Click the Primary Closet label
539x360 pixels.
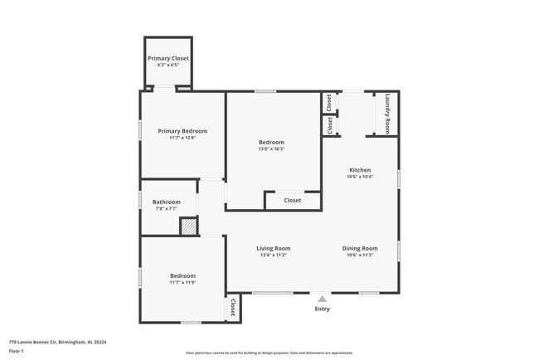(x=168, y=58)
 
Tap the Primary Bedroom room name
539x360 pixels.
(x=182, y=131)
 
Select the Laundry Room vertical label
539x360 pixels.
(x=387, y=114)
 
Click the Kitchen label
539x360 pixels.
(x=359, y=170)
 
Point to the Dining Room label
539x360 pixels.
(x=360, y=248)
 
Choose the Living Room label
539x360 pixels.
(x=272, y=248)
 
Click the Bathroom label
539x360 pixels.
(x=166, y=202)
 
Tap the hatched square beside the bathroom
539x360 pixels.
(x=189, y=226)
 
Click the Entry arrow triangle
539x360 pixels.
(x=322, y=298)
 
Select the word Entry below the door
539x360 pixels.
(x=322, y=309)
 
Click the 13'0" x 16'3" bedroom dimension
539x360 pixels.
(x=272, y=149)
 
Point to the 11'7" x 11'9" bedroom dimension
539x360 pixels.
(x=182, y=283)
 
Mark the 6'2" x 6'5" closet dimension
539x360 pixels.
(x=168, y=66)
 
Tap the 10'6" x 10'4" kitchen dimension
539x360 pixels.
(x=359, y=177)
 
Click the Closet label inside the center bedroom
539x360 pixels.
(x=293, y=200)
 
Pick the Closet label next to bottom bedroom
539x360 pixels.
(x=232, y=308)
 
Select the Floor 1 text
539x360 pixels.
(x=17, y=351)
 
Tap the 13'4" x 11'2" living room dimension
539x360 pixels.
(x=272, y=255)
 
